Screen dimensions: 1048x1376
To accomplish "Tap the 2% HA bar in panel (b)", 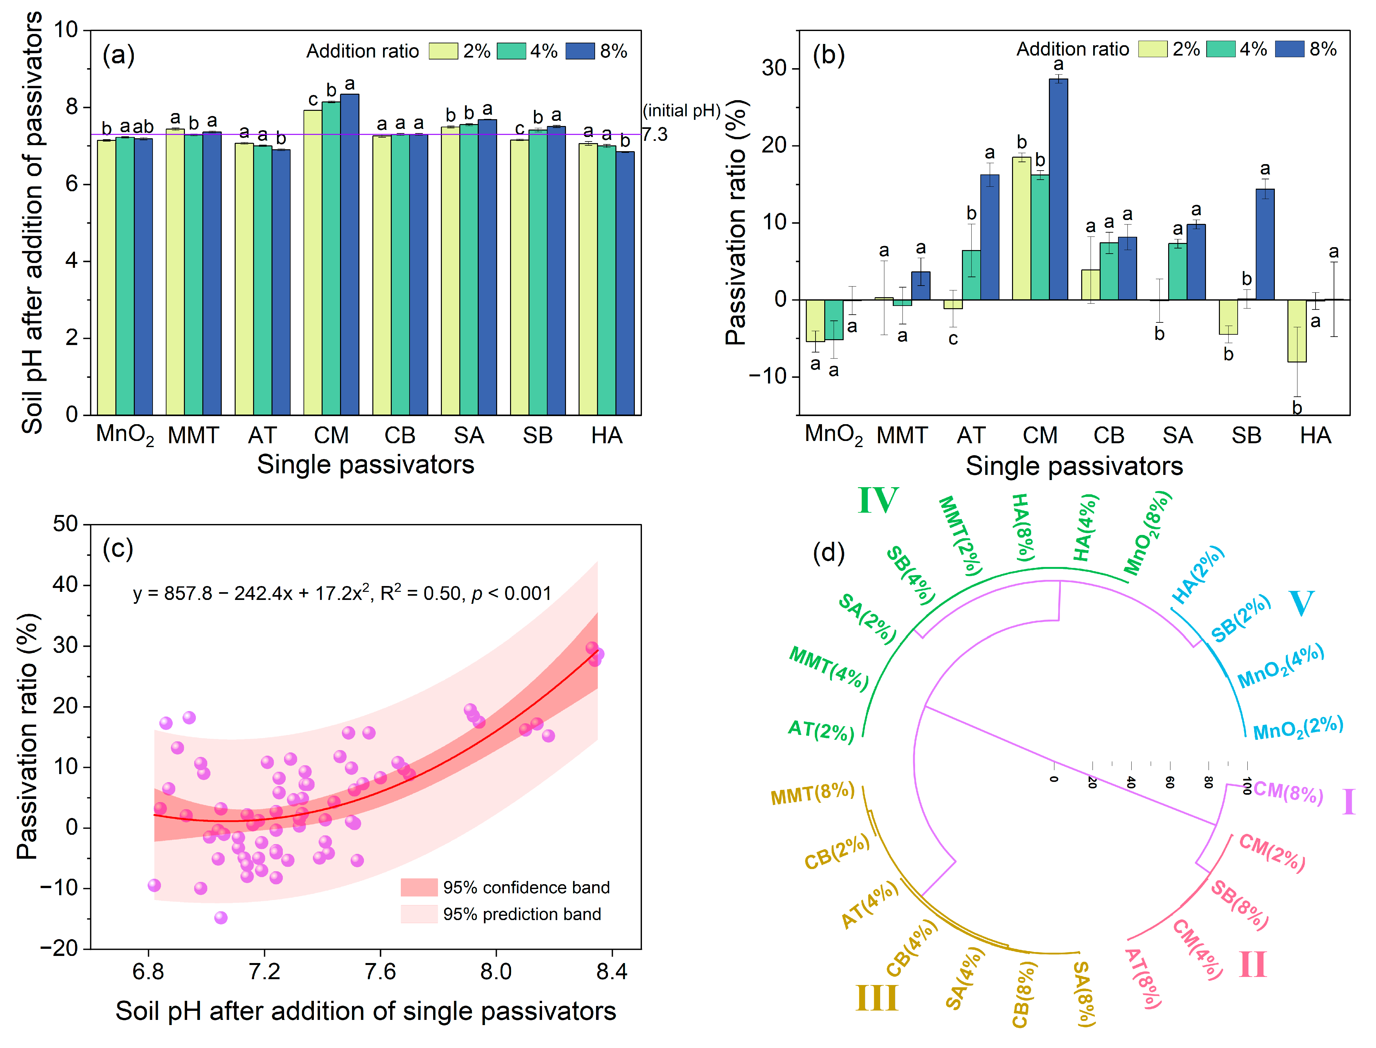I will point(1297,330).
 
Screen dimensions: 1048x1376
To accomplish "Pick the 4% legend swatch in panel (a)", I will point(511,51).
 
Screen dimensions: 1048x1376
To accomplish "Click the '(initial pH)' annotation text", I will point(681,111).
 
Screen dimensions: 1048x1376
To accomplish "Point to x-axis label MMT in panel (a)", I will point(193,435).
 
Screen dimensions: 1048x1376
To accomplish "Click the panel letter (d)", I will point(829,553).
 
